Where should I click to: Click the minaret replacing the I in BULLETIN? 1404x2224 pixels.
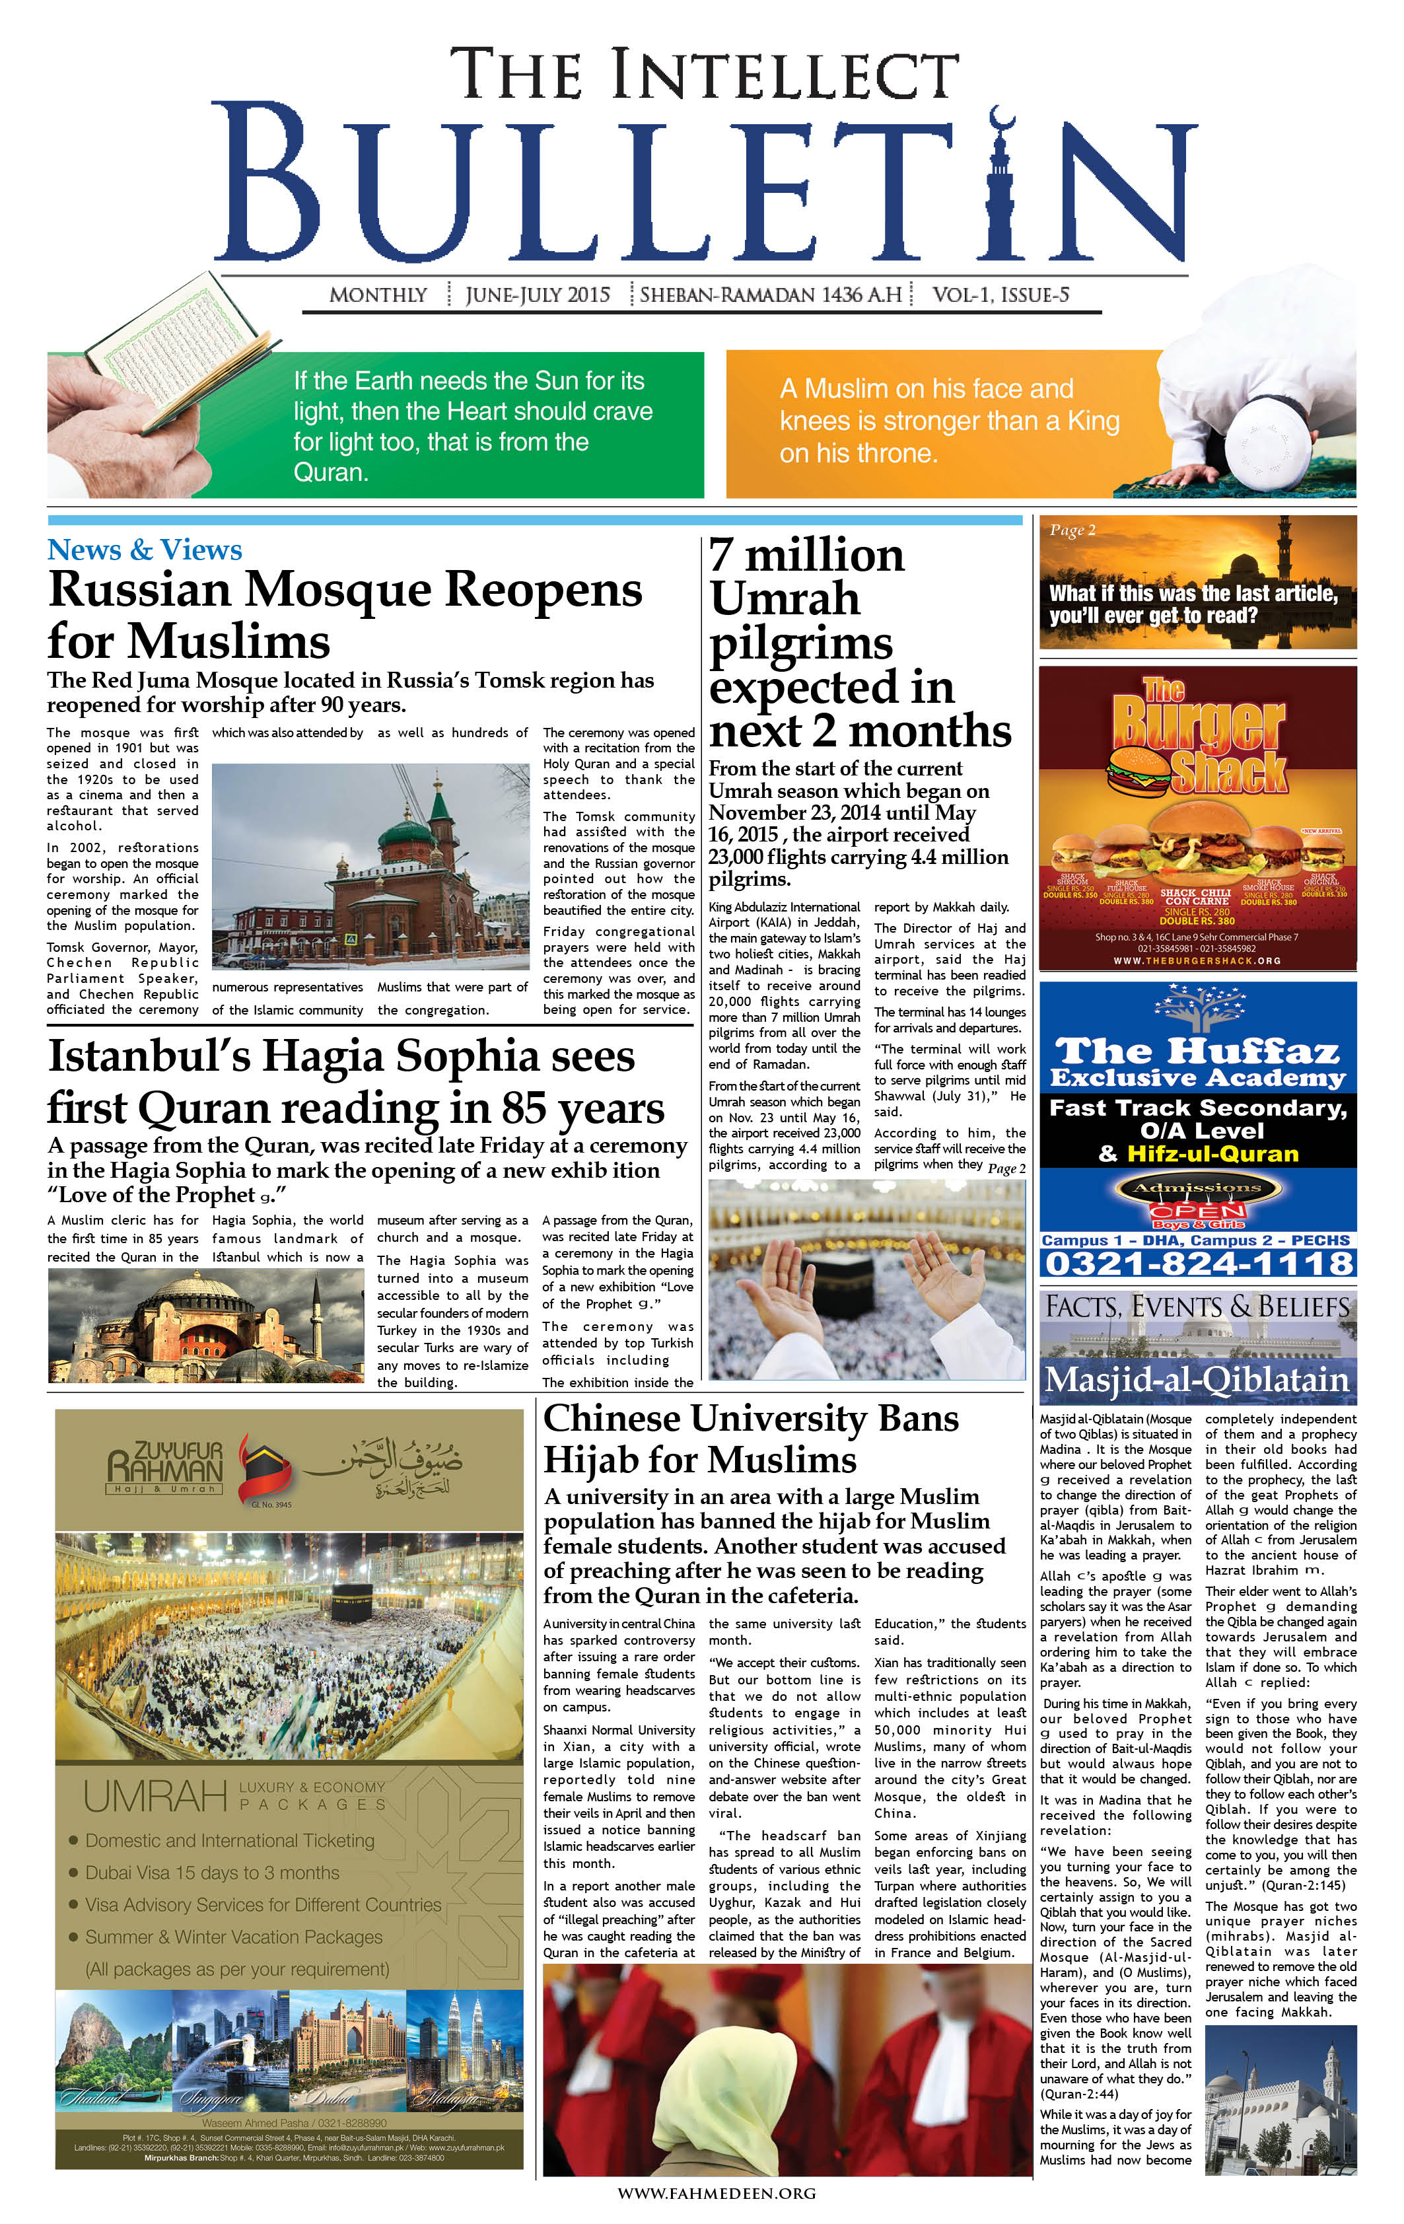click(x=1001, y=185)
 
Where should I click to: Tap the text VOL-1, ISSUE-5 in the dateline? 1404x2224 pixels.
click(x=1000, y=295)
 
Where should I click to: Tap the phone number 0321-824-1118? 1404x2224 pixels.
click(x=1197, y=1264)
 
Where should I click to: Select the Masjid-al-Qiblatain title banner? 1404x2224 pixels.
click(x=1197, y=1380)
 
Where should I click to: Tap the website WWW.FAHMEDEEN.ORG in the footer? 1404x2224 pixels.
click(x=716, y=2192)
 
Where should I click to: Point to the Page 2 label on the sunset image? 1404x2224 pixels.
click(x=1072, y=530)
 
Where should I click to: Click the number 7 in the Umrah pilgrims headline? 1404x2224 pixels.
click(x=721, y=554)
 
